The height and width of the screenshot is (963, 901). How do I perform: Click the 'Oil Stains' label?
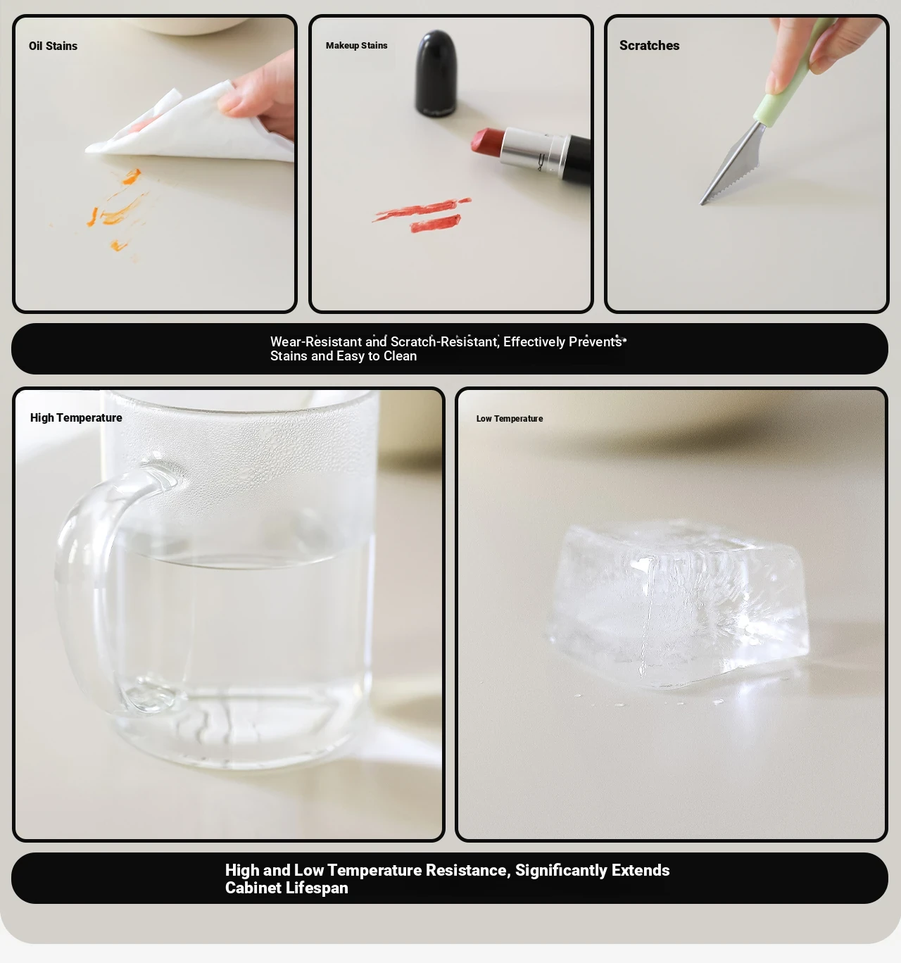coord(53,46)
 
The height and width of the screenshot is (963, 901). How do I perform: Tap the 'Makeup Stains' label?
coord(356,46)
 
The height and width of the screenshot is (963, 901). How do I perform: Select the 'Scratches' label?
coord(649,46)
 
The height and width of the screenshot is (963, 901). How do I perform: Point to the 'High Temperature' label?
coord(76,418)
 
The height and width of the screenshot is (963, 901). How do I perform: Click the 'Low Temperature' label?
coord(510,418)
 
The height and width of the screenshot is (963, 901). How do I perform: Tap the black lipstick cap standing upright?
coord(436,73)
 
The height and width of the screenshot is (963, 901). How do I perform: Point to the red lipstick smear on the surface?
coord(422,215)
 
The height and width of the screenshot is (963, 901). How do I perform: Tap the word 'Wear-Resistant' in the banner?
coord(316,342)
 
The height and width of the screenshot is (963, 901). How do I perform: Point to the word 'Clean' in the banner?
coord(400,356)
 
